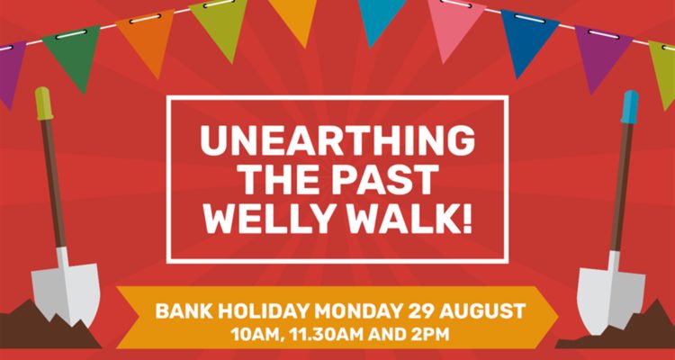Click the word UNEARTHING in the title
pyautogui.click(x=337, y=141)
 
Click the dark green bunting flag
pyautogui.click(x=73, y=54)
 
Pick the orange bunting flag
pyautogui.click(x=148, y=40)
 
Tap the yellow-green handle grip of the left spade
pyautogui.click(x=44, y=103)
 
